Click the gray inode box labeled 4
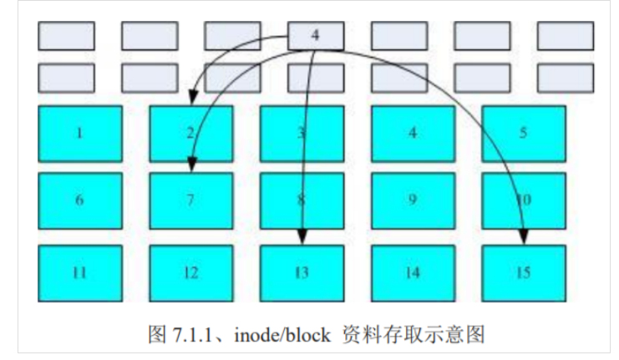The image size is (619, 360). pos(315,35)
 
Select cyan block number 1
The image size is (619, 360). pos(80,133)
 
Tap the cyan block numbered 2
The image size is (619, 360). pos(190,133)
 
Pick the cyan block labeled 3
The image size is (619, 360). pos(302,133)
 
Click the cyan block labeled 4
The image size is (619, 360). pos(413,133)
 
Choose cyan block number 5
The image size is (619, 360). pos(524,133)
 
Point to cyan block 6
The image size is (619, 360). pos(80,200)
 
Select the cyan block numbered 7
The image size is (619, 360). pos(190,200)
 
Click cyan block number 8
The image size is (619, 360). pos(302,200)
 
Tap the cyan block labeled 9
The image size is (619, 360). pos(413,200)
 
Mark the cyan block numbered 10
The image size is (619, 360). pos(524,200)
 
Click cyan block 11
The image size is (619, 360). pos(80,272)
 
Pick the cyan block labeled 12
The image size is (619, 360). pos(190,272)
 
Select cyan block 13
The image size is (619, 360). pos(302,272)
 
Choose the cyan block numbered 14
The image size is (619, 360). pos(413,272)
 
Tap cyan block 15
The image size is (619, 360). pos(524,272)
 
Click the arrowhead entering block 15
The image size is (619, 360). pos(524,239)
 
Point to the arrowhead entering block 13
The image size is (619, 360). pos(302,239)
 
